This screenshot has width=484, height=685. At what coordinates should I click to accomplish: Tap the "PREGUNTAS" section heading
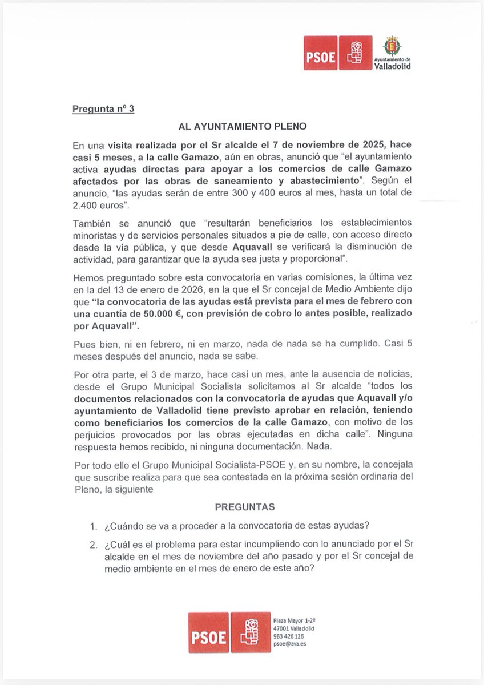(244, 506)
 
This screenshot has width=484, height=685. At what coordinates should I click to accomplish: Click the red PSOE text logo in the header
(318, 58)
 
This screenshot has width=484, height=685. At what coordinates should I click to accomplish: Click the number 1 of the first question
(92, 525)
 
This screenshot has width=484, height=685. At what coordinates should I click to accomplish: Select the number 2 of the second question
(92, 545)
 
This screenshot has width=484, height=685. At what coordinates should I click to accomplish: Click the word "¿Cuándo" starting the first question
(122, 525)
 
